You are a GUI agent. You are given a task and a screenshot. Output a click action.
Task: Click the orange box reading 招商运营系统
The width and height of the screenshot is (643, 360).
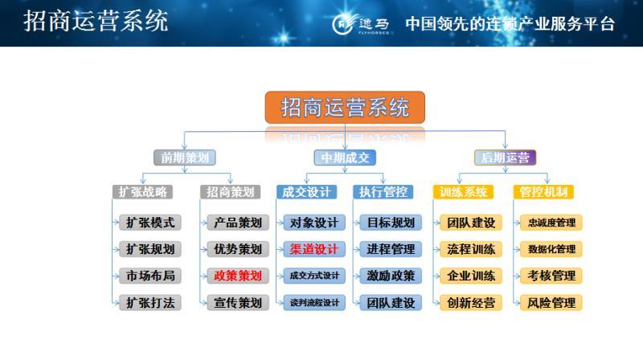(x=345, y=107)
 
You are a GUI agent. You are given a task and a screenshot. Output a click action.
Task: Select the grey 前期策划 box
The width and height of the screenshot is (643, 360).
(x=184, y=157)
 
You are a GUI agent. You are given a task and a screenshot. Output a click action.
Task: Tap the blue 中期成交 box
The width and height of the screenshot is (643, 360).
(x=345, y=157)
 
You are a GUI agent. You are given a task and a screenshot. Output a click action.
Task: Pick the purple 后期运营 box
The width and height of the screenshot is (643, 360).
(x=506, y=157)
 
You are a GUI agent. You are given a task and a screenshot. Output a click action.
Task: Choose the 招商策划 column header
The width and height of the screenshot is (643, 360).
(x=230, y=192)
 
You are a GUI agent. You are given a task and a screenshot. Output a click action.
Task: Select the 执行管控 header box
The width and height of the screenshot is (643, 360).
(x=383, y=192)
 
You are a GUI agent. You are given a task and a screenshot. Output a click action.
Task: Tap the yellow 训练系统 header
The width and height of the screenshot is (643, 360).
(x=464, y=192)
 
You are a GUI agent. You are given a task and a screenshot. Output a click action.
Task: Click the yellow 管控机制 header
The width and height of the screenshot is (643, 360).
(x=543, y=192)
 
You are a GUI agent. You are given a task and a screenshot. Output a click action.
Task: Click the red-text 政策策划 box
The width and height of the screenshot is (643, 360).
(x=237, y=276)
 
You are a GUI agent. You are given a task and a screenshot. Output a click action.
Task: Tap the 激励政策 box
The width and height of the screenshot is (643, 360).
(x=391, y=276)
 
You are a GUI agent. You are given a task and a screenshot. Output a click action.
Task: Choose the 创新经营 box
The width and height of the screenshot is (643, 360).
(x=471, y=303)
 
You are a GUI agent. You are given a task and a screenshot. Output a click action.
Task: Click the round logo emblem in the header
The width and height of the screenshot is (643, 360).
(x=344, y=24)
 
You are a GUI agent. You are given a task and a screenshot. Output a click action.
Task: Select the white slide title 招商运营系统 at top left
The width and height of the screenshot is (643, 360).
(x=96, y=22)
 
